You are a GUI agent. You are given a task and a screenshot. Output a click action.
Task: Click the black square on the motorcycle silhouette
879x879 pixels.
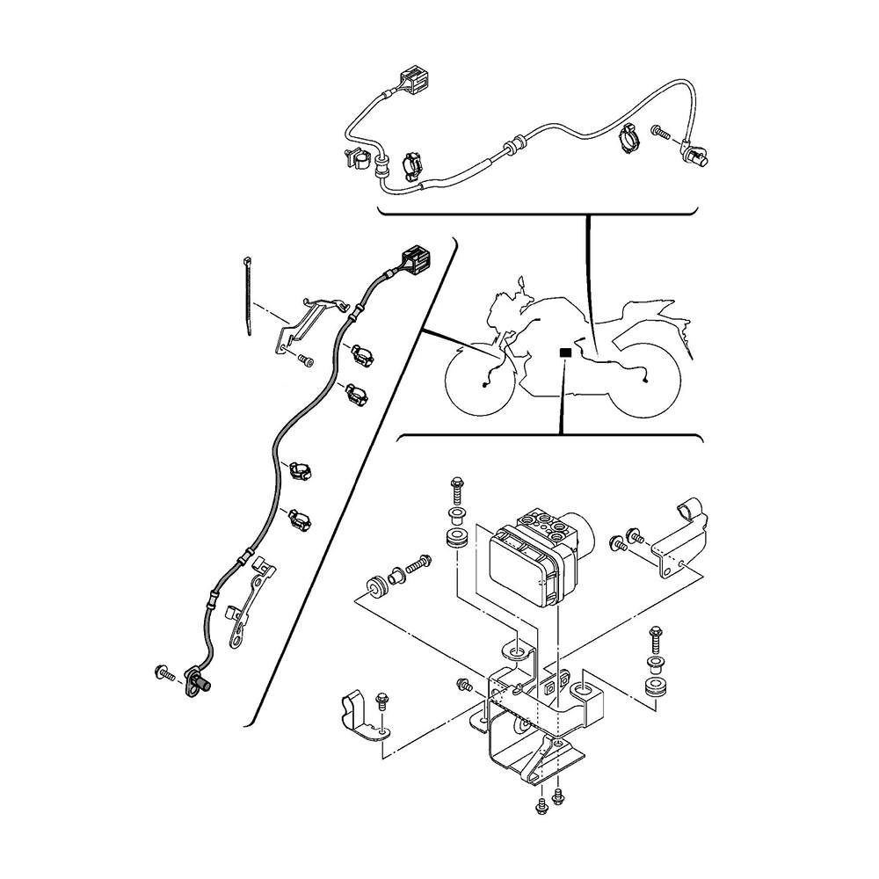click(565, 352)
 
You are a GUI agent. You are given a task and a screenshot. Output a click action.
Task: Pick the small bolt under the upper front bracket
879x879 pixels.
click(304, 360)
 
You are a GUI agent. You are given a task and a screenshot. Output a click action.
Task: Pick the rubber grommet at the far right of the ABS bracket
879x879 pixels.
click(655, 686)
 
